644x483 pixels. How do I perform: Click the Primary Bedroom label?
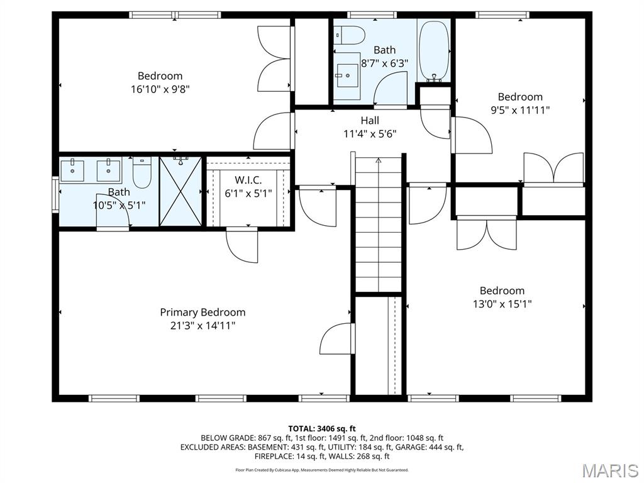pos(203,312)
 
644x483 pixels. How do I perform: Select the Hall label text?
pos(370,120)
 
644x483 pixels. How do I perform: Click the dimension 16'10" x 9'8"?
pos(160,89)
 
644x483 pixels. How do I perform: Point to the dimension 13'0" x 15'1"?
pos(502,304)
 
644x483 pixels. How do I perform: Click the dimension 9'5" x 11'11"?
pos(520,110)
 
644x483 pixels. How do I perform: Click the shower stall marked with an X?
pos(180,191)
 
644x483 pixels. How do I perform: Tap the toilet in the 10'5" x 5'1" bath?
pos(143,172)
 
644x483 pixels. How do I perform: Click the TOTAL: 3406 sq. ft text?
pos(322,428)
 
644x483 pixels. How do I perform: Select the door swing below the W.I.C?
pos(243,246)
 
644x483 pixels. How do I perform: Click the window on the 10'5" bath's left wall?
pos(55,190)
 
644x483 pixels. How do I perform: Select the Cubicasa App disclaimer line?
pos(322,470)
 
